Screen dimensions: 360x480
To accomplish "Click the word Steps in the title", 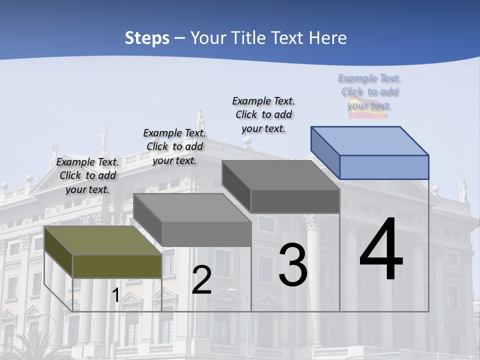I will [x=147, y=38].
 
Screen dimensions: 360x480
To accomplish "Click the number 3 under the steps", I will [x=292, y=265].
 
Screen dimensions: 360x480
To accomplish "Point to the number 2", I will [x=201, y=280].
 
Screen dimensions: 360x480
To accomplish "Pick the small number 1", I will [x=115, y=295].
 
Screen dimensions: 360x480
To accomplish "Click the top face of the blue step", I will [x=370, y=141].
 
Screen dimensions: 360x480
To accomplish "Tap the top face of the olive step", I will [x=102, y=240].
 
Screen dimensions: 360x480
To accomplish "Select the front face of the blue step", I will [x=384, y=167].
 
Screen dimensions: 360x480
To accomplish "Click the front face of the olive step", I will [x=117, y=266].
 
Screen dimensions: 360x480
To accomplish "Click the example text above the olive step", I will [x=87, y=175].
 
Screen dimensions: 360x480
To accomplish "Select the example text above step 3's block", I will [x=263, y=114].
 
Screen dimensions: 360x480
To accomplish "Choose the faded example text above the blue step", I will [x=369, y=91].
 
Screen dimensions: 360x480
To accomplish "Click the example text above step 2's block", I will [x=174, y=146].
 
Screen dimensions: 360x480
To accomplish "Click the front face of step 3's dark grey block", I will [x=295, y=201].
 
